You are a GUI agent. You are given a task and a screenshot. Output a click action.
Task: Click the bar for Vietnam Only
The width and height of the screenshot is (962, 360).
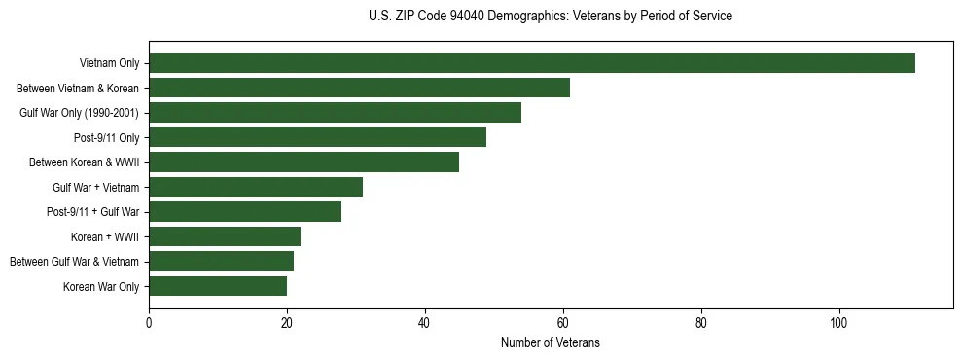[531, 63]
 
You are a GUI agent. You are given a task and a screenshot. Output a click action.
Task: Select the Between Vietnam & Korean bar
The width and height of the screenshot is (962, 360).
[359, 88]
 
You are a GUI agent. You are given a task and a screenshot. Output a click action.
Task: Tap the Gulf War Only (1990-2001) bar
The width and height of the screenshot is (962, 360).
[335, 113]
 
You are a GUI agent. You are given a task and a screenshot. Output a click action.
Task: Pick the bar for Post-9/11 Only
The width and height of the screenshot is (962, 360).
[317, 137]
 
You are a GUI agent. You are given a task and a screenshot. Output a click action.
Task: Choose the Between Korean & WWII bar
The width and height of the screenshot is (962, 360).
[303, 162]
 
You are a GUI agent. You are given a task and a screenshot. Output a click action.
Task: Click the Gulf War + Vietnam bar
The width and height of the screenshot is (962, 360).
[256, 187]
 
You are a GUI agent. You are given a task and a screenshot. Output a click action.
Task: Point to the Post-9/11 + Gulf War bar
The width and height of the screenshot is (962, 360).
[245, 212]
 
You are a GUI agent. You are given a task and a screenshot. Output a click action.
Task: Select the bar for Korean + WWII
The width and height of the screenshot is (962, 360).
[225, 236]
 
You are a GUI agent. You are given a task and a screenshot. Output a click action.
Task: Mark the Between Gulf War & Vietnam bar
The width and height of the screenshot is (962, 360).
[221, 262]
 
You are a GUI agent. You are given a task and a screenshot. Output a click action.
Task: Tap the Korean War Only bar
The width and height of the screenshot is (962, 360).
[218, 286]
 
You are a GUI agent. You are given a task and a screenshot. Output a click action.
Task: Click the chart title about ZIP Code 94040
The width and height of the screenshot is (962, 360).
[551, 17]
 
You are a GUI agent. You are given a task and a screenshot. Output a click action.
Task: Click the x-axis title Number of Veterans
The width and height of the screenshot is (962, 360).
[551, 343]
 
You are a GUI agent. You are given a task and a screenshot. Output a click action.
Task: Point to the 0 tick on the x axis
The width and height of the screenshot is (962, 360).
[149, 324]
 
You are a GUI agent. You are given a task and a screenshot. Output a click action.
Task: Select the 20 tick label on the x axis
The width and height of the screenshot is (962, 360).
[287, 324]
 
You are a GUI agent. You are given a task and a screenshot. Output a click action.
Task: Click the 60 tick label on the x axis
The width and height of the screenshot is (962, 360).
[563, 324]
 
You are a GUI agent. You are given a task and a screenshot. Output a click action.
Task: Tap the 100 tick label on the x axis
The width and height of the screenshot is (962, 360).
[839, 324]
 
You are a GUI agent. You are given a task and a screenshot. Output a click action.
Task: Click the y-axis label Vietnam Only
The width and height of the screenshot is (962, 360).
[109, 64]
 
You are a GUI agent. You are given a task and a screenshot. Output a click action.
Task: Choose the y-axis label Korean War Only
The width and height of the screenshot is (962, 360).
[101, 287]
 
